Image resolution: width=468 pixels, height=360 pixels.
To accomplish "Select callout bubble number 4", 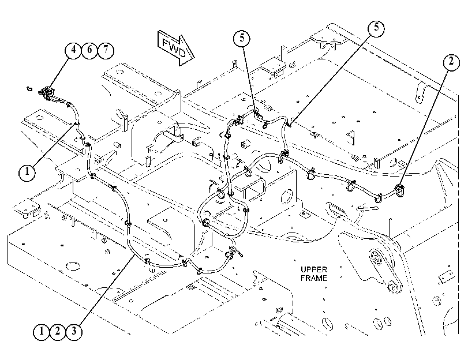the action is click(x=73, y=49).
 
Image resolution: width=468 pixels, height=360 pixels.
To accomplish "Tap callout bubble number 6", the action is click(x=89, y=50).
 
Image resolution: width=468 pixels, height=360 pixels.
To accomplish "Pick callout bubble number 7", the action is click(x=106, y=50).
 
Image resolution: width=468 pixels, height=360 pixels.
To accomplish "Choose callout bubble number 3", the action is click(x=74, y=331).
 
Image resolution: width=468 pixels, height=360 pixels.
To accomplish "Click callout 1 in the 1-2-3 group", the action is click(x=42, y=331).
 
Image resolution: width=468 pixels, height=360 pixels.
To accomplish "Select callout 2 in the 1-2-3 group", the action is click(x=58, y=331).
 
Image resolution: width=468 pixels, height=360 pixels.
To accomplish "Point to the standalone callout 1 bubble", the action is click(x=27, y=172).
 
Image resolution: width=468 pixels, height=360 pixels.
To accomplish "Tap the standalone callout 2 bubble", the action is click(x=451, y=62).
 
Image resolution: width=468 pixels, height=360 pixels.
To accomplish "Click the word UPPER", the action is click(x=314, y=269).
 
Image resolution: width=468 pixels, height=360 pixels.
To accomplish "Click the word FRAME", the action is click(x=314, y=278).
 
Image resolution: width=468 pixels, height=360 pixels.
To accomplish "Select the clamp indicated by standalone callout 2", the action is click(x=399, y=190).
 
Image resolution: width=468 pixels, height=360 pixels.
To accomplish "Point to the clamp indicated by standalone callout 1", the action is click(x=76, y=123).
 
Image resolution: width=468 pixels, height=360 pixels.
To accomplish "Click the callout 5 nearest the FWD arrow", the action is click(x=242, y=38).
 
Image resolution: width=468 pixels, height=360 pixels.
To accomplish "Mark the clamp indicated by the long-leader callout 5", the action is click(x=289, y=123).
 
